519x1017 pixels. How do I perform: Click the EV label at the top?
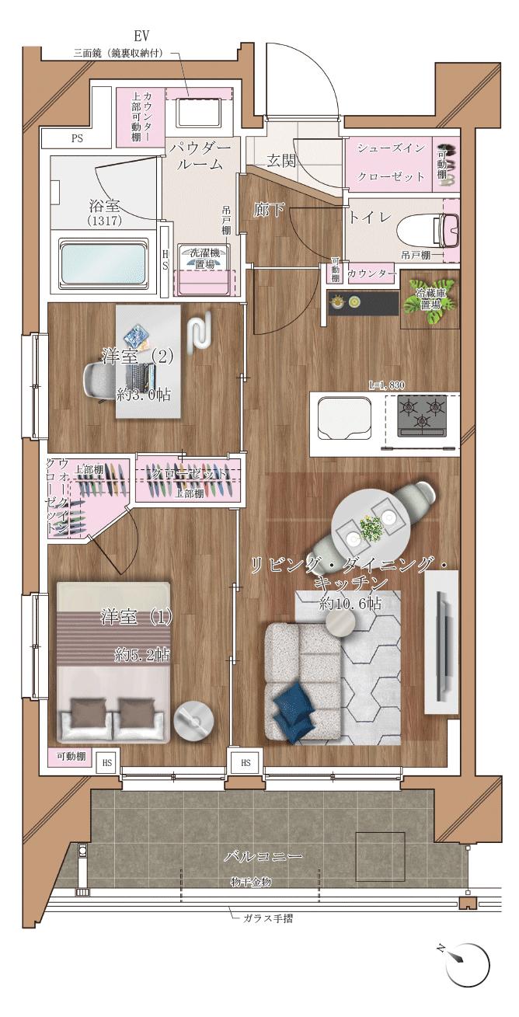(x=141, y=37)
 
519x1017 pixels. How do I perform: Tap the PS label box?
(x=77, y=139)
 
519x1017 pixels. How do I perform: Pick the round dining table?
(x=370, y=525)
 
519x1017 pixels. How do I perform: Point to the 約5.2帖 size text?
(x=142, y=655)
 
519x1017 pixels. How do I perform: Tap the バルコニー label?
(x=263, y=856)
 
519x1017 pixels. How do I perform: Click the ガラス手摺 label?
(x=267, y=918)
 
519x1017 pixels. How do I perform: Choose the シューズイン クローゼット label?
(x=390, y=162)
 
